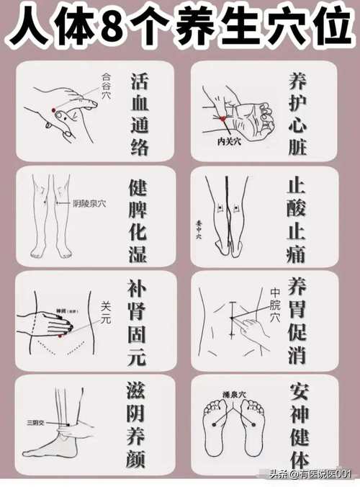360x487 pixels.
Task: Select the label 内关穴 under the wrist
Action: point(230,142)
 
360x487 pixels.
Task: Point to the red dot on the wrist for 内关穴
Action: point(224,117)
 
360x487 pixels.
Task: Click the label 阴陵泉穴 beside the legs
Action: point(89,204)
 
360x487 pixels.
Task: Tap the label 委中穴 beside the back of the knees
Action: point(199,229)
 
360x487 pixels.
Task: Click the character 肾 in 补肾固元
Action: point(140,313)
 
